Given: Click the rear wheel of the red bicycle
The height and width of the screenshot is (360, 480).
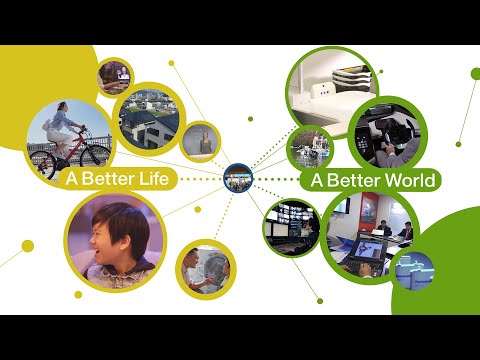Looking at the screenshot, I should pyautogui.click(x=39, y=160).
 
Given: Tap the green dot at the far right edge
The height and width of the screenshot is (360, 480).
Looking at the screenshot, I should pyautogui.click(x=475, y=73).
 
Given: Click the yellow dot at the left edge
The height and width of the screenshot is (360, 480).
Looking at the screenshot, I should pyautogui.click(x=27, y=246).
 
